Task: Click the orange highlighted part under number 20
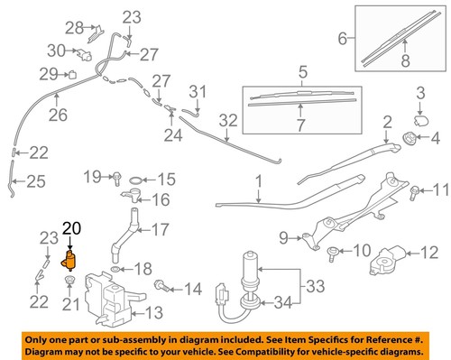click(68, 262)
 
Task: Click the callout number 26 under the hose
click(58, 115)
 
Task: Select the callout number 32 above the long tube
click(227, 118)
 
